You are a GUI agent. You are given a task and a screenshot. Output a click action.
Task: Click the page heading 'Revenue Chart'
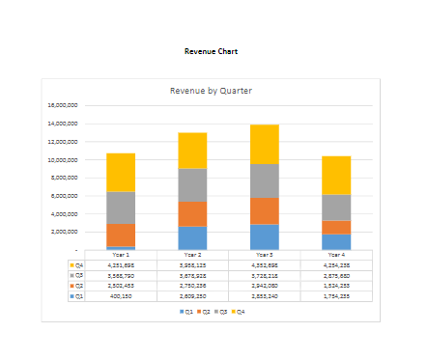211,51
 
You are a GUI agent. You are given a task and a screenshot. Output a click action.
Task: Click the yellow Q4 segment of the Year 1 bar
121,172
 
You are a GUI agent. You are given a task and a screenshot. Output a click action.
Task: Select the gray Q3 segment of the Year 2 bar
192,184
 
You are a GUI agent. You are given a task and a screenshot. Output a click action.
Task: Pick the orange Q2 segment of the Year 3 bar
265,210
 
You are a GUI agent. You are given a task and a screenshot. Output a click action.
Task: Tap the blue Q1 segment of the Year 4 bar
336,242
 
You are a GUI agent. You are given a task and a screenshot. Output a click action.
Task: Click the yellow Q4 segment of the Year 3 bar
265,144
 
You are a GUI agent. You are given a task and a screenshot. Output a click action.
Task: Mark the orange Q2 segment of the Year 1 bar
121,235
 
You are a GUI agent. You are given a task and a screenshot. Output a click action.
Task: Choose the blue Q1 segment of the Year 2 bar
192,238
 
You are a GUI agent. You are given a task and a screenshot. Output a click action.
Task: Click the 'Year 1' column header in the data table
121,255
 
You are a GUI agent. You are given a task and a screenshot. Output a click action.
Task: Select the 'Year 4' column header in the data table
336,255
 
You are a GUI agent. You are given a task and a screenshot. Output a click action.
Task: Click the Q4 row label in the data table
76,264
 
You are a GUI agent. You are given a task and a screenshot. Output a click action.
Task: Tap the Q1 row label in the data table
76,296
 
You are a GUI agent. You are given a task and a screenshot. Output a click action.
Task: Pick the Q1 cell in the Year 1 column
121,296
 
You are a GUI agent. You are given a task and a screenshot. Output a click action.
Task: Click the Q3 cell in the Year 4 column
336,275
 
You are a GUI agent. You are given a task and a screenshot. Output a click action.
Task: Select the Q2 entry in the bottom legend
204,312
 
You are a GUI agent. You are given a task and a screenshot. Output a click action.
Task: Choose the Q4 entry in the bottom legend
239,312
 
